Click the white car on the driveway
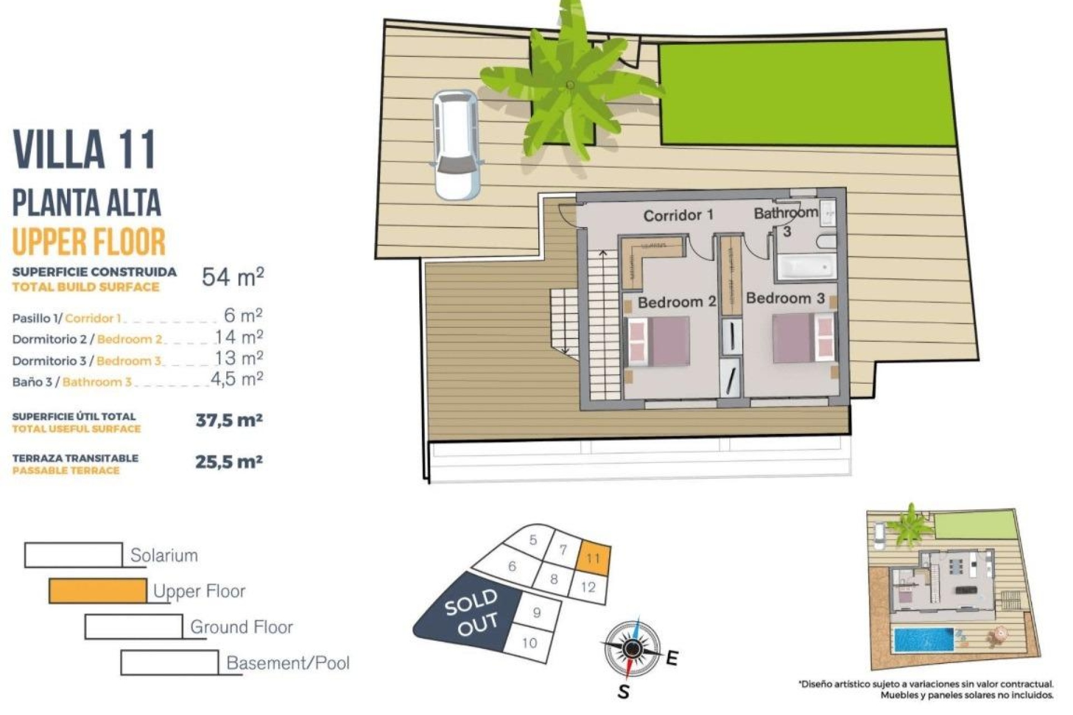457,145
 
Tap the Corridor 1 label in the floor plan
678,215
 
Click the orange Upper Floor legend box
98,591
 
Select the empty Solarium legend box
73,555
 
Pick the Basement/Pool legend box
169,662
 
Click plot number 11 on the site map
593,558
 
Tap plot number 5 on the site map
533,540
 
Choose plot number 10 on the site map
529,643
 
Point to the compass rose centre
632,648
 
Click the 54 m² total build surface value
232,277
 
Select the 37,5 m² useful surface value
229,420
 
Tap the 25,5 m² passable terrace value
229,462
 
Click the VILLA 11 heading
84,149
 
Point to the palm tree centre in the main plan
570,85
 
